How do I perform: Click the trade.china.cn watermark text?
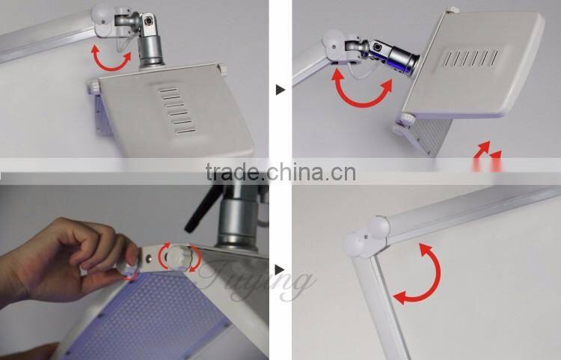pos(280,172)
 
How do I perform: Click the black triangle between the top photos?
pos(280,90)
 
